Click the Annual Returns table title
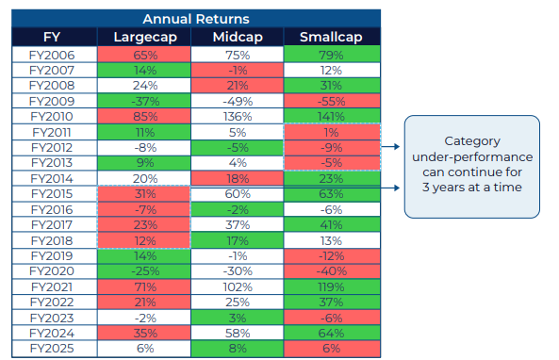pos(195,18)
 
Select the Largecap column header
pos(143,37)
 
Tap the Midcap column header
pos(238,37)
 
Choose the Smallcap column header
pos(332,37)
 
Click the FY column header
pos(55,37)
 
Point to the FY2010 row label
pos(55,117)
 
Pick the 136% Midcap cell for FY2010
pos(238,117)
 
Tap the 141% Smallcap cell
pos(332,117)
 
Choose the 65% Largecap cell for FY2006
pos(143,55)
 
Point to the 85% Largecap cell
pos(143,117)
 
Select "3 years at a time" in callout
pos(471,187)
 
